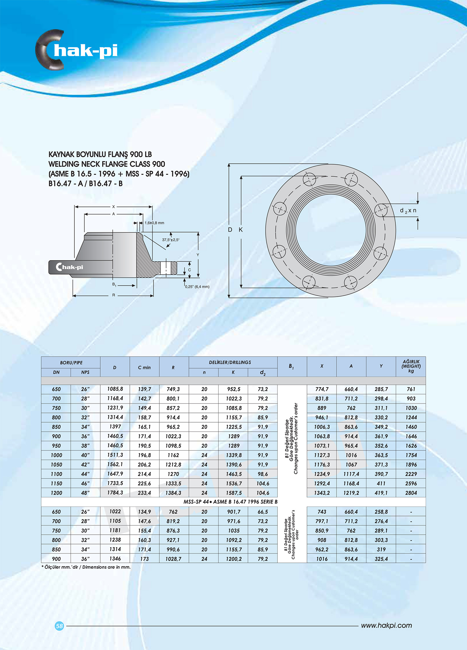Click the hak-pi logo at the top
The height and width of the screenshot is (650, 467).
[x=77, y=50]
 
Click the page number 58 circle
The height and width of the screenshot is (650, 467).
[x=59, y=626]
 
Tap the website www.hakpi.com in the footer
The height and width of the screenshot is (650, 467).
[x=386, y=625]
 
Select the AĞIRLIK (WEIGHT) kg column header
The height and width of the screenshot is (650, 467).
[x=411, y=366]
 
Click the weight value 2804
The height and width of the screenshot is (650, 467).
[x=411, y=493]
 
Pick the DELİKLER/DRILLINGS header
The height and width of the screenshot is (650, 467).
[x=230, y=362]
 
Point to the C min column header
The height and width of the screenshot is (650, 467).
[x=144, y=367]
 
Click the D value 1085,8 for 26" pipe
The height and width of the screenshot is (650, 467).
[x=115, y=389]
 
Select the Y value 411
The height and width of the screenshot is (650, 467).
[x=381, y=483]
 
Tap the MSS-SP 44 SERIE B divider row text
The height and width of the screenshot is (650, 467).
[x=230, y=502]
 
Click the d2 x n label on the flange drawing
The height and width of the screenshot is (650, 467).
[x=408, y=211]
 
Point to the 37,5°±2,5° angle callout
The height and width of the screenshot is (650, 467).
[x=171, y=240]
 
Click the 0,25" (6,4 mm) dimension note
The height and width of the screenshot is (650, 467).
[x=197, y=287]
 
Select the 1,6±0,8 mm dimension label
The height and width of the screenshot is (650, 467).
[x=154, y=223]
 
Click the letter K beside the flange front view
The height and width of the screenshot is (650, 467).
[x=241, y=230]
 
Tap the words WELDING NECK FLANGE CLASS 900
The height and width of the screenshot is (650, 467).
[x=106, y=164]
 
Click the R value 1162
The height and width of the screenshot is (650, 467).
[x=173, y=455]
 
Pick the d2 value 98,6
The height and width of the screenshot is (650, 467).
[x=262, y=474]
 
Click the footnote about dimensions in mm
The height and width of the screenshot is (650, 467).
[x=86, y=567]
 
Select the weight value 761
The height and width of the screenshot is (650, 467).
[x=411, y=389]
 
